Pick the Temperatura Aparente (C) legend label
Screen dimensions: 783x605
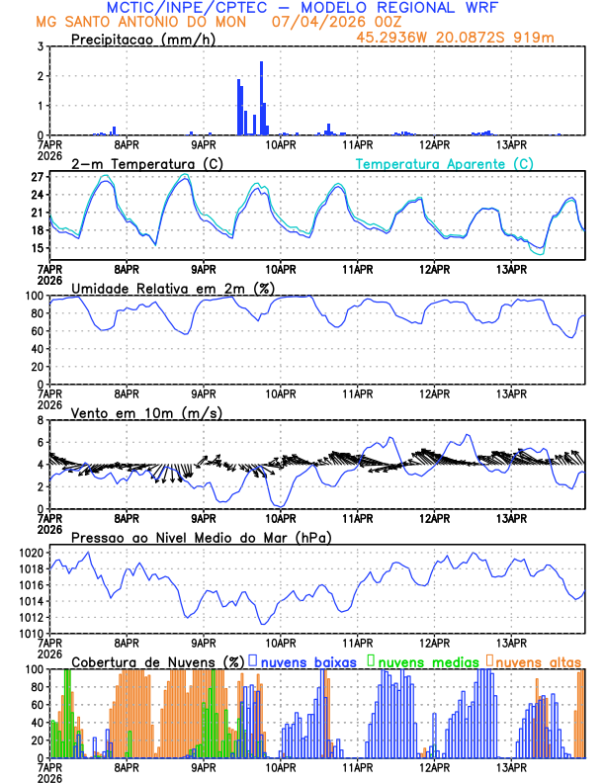[445, 163]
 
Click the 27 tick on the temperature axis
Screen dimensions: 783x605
[37, 177]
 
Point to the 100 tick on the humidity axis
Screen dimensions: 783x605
[32, 296]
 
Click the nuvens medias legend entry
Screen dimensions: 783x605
[426, 661]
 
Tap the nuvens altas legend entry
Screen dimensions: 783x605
[538, 661]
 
